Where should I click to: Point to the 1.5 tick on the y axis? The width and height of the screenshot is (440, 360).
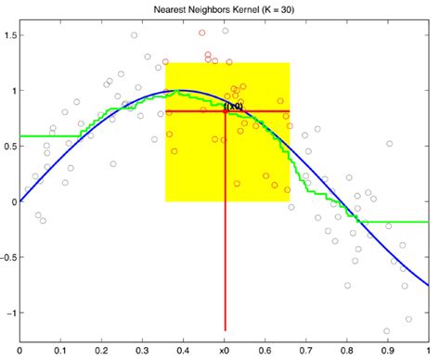[10, 35]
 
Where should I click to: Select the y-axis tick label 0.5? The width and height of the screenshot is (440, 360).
[10, 146]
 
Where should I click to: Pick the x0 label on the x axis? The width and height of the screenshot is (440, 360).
[225, 352]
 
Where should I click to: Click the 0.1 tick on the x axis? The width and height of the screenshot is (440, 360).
[60, 352]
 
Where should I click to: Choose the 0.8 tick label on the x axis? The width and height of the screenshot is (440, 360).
[347, 352]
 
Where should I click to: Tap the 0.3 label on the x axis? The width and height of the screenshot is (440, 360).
[143, 352]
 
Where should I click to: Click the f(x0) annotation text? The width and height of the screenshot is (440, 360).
[234, 107]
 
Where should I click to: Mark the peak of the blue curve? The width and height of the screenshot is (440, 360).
[183, 91]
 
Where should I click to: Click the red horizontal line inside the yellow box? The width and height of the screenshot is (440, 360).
[269, 111]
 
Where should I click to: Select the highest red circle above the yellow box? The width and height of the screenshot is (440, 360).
[202, 32]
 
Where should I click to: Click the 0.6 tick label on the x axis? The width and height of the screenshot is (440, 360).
[265, 352]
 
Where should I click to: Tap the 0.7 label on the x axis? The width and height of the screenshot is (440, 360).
[306, 352]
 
